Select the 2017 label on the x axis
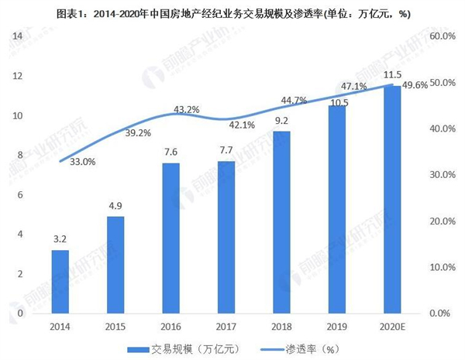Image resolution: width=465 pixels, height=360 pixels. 227,327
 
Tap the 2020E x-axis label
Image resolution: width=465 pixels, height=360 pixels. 393,327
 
